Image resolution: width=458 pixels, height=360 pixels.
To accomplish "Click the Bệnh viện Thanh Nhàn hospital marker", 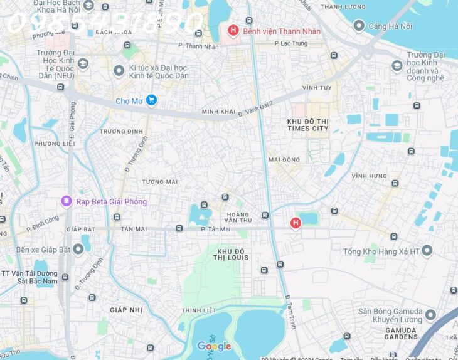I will click(233, 31).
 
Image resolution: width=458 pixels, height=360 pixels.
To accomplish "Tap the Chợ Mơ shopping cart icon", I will click(151, 100).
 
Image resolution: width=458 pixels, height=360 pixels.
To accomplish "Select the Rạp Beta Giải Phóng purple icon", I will click(66, 201).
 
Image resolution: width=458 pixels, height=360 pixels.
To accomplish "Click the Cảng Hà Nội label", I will click(390, 26).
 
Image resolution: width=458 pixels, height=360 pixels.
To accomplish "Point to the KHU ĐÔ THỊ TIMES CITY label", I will click(307, 124).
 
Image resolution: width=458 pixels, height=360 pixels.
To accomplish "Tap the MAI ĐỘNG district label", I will click(284, 159).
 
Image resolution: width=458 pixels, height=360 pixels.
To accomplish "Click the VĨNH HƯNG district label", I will click(369, 176).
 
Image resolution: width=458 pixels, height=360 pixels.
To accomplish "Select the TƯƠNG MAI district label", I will click(159, 182).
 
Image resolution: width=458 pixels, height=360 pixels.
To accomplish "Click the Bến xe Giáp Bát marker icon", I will click(78, 250).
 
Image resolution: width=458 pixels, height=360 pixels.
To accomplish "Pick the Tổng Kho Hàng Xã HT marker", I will click(427, 251).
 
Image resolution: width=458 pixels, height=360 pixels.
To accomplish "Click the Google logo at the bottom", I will click(214, 346).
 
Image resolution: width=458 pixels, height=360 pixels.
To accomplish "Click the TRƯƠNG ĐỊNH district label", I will click(121, 131).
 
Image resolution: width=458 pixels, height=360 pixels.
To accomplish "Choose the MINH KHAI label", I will click(218, 112).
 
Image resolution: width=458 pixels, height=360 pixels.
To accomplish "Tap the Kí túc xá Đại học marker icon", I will click(119, 71).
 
